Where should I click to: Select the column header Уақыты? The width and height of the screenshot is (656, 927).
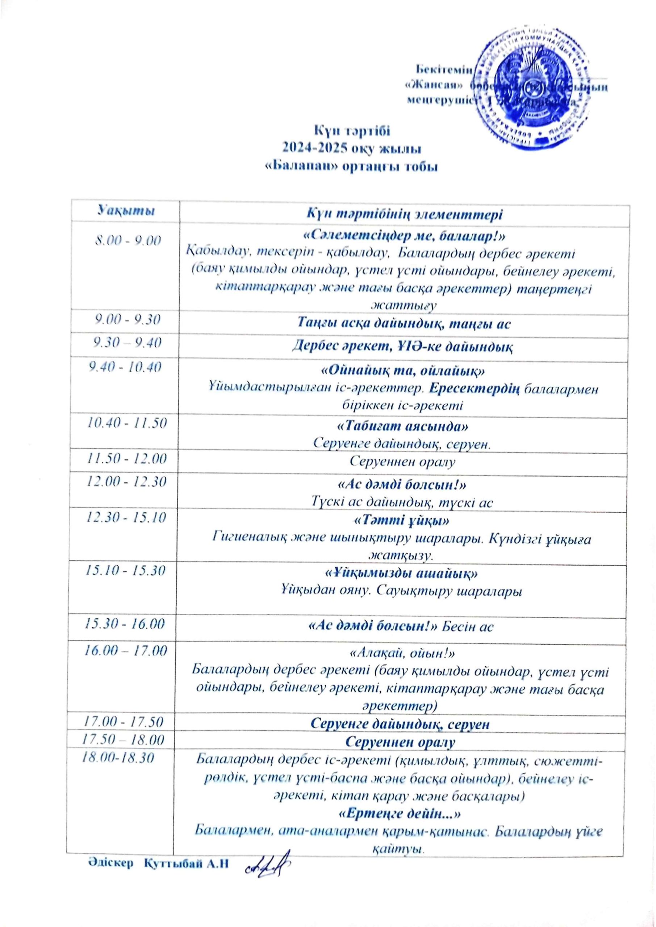126,210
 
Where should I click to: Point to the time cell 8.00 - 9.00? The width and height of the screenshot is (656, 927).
128,241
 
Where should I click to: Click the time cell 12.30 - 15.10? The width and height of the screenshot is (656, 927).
126,517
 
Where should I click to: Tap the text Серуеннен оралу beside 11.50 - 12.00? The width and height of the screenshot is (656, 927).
402,461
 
